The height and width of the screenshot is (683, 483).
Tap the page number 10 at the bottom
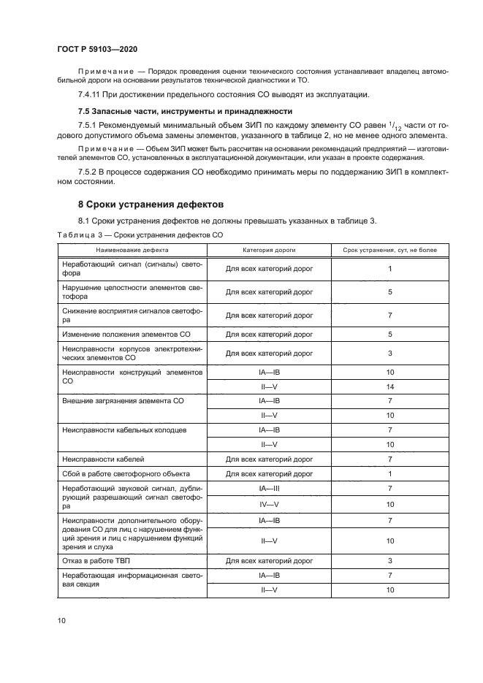61,621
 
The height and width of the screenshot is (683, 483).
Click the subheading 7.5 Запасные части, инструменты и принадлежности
185,111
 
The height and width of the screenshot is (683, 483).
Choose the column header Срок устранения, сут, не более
390,250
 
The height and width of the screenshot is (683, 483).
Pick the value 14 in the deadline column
390,386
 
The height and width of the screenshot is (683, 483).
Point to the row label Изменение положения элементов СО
126,334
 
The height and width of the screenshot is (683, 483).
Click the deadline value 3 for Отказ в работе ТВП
390,561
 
